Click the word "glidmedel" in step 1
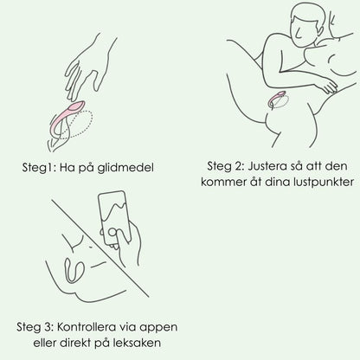(x=125, y=168)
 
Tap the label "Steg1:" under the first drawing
(x=39, y=168)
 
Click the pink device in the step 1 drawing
(x=67, y=119)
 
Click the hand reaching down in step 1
(x=87, y=69)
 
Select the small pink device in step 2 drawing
(x=276, y=99)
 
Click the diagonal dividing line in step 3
(x=100, y=248)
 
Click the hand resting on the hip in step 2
(x=325, y=85)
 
